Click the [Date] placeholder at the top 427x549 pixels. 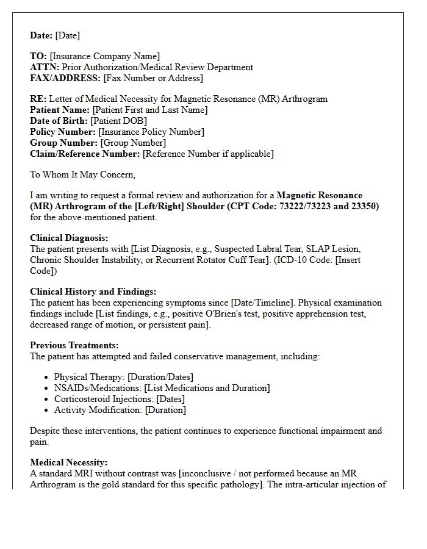[x=67, y=35]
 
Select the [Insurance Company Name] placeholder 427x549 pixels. [x=105, y=56]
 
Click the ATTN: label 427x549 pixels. [x=45, y=67]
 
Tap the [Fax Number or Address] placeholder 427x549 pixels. [x=153, y=78]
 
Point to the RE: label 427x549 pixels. [x=38, y=99]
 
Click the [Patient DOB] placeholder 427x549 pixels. [x=118, y=121]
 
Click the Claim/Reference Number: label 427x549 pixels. [x=85, y=154]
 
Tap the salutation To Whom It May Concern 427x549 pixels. [x=82, y=174]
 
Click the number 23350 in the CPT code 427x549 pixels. [x=364, y=206]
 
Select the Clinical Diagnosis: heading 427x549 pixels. [x=69, y=238]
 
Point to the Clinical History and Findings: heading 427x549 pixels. [x=93, y=292]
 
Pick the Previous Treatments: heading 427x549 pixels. [x=74, y=345]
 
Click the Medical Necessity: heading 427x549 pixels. [x=68, y=462]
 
